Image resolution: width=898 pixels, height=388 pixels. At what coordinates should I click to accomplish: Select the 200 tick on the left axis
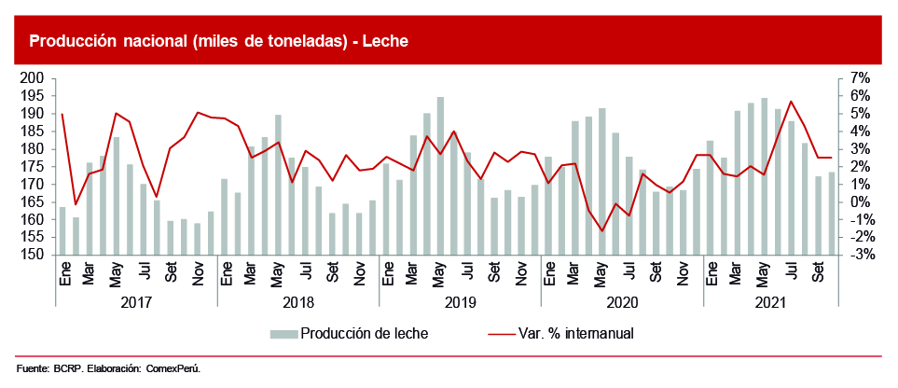click(33, 78)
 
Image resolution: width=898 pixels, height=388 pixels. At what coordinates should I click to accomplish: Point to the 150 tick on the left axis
click(33, 255)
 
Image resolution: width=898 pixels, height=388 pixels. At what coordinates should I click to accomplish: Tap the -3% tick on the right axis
click(859, 255)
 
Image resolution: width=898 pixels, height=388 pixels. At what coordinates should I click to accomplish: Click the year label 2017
click(136, 303)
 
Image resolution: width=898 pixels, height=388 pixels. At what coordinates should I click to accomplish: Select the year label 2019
click(460, 303)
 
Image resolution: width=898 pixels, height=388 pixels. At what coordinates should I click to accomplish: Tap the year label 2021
click(770, 303)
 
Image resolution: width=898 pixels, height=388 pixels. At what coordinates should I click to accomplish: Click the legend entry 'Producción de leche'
click(364, 333)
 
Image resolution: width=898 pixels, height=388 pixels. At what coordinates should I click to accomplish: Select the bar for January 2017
click(62, 230)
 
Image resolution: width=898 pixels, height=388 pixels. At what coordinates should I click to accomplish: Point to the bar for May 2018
click(278, 185)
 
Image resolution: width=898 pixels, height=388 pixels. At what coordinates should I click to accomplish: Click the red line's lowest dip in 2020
click(602, 231)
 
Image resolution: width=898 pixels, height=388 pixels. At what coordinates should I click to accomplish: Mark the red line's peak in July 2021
click(792, 101)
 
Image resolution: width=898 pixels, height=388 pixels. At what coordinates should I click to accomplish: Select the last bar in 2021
click(832, 213)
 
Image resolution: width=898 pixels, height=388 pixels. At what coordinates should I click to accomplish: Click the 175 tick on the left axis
click(33, 167)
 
